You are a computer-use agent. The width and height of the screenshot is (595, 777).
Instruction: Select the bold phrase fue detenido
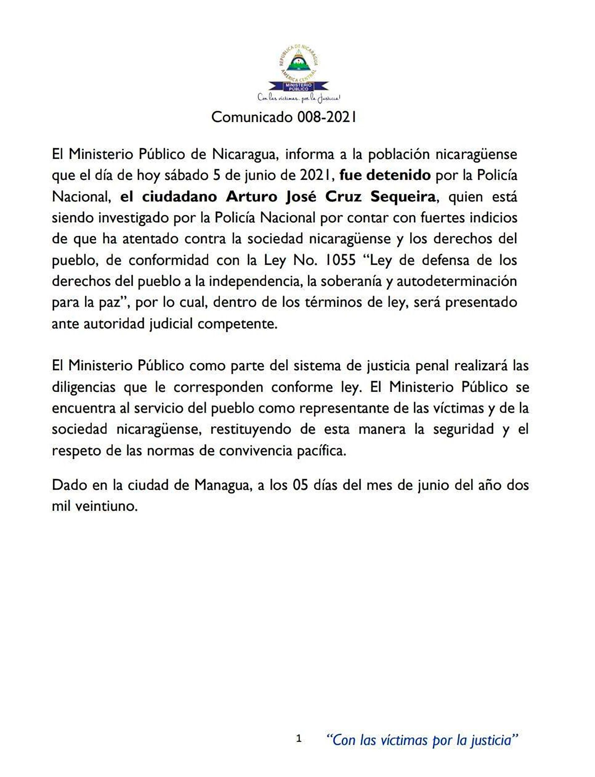(385, 176)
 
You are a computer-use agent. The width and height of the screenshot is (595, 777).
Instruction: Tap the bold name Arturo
(252, 197)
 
